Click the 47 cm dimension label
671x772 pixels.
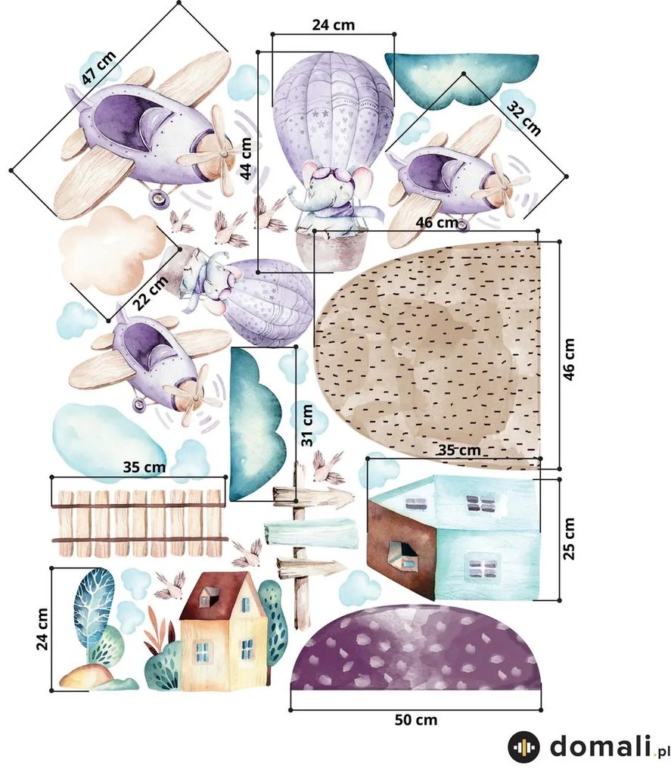[x=99, y=67]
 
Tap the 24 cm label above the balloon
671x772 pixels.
[x=333, y=25]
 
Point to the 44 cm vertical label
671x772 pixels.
[x=246, y=158]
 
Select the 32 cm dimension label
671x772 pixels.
[x=524, y=119]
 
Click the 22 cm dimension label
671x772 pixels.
[x=151, y=293]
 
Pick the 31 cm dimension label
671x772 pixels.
[x=307, y=425]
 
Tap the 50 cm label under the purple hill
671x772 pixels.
[x=415, y=720]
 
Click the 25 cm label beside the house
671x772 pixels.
[x=568, y=538]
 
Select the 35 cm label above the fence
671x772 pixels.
[x=144, y=466]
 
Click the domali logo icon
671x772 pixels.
[x=523, y=747]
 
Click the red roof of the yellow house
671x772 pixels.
[x=216, y=596]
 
